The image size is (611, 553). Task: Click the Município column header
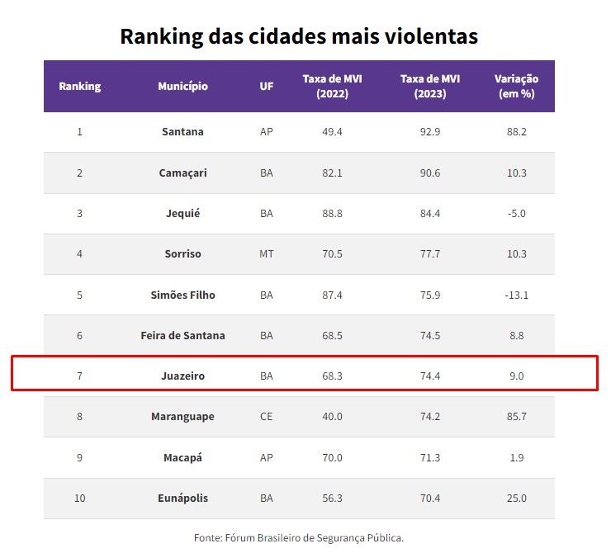tap(182, 86)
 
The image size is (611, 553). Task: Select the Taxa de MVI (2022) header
tap(332, 86)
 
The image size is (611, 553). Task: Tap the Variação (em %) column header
tap(516, 86)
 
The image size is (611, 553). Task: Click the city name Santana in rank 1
tap(182, 131)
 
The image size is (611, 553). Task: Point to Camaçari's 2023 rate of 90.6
tap(429, 173)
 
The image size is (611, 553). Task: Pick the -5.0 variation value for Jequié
tap(516, 213)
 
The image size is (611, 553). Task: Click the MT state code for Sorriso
tap(266, 253)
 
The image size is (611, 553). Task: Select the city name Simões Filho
tap(182, 295)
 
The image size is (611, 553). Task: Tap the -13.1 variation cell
tap(516, 295)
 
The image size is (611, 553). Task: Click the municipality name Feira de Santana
tap(182, 335)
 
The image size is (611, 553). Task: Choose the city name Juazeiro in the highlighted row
tap(182, 376)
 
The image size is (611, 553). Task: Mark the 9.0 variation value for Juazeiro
tap(516, 376)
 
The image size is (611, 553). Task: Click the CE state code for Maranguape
tap(266, 417)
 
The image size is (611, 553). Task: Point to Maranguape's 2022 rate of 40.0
tap(332, 417)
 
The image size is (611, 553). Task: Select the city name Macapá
tap(182, 457)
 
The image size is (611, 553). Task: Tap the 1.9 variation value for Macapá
tap(516, 457)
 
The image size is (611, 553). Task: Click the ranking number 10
tap(79, 499)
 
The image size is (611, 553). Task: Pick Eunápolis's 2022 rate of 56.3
tap(332, 499)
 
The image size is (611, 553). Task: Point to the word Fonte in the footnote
tap(207, 537)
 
